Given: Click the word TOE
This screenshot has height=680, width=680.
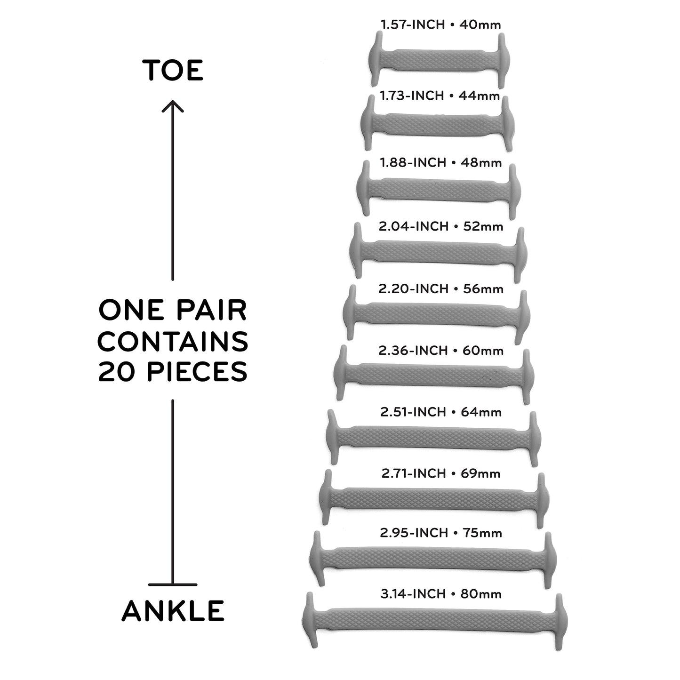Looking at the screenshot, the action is tap(173, 70).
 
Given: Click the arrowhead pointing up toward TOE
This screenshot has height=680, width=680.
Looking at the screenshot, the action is tap(173, 106).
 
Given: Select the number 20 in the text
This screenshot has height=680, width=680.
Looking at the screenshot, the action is tap(116, 372).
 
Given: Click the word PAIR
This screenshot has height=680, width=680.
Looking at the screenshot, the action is tap(211, 310).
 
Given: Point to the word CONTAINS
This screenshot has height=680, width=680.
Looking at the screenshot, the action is tap(173, 341).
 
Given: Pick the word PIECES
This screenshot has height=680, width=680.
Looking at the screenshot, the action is tap(197, 372).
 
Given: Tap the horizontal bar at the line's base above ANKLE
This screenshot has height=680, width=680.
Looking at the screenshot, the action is tap(173, 584).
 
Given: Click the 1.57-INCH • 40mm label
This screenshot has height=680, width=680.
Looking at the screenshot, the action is tap(441, 24).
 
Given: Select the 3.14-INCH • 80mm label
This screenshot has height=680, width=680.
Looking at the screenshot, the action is tap(441, 594).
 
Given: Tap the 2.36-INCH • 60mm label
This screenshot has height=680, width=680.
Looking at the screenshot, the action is tap(441, 351).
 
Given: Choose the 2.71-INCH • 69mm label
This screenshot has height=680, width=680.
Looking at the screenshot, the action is tap(441, 473).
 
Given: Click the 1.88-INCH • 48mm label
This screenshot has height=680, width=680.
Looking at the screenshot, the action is tap(441, 163).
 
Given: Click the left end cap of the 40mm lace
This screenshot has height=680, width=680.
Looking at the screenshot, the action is tap(376, 58).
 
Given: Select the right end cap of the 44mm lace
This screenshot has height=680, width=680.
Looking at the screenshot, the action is tap(507, 123).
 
